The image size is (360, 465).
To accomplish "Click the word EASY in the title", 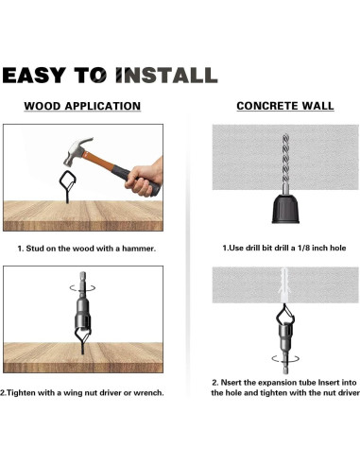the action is click(x=33, y=75).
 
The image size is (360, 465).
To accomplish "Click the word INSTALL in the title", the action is click(x=166, y=75).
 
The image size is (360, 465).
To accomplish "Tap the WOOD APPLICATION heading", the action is click(x=82, y=106).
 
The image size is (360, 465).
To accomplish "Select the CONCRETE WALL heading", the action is click(x=285, y=106).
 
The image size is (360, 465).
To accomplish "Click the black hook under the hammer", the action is click(x=68, y=186).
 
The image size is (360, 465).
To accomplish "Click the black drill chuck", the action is click(x=285, y=209).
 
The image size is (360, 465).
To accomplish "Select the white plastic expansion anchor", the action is click(x=284, y=284).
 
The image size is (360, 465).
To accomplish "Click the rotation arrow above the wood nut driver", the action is click(x=82, y=288).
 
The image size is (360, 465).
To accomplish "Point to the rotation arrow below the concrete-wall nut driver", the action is click(x=285, y=358).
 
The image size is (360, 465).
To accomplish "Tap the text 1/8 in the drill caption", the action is click(x=303, y=248).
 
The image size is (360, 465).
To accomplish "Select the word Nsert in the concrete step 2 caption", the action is click(x=231, y=383).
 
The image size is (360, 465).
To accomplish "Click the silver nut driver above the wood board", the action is click(x=82, y=307).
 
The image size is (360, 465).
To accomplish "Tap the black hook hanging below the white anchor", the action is click(x=284, y=315).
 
